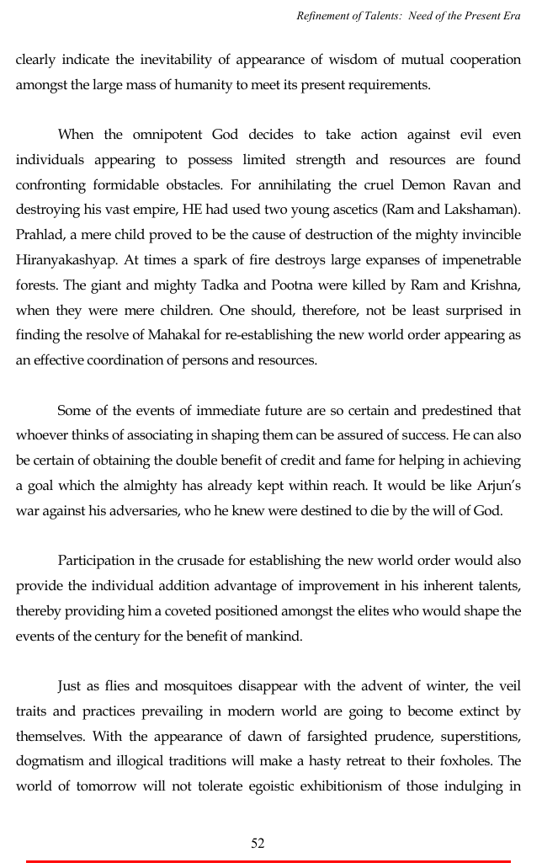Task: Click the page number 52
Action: pos(258,843)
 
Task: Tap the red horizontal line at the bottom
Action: pos(269,861)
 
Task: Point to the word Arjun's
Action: pos(496,486)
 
